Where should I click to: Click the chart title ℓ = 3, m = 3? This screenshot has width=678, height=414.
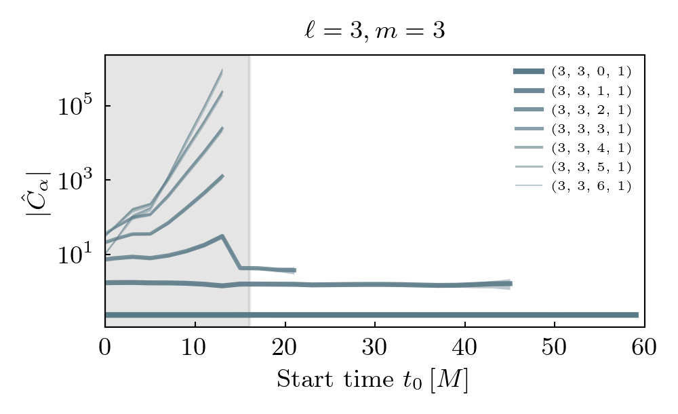(375, 31)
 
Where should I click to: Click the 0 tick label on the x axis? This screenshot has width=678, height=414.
(105, 347)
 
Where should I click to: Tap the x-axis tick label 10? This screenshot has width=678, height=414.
(195, 347)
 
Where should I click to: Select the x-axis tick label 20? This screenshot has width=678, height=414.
(285, 347)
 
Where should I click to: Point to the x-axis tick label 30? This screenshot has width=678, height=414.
(375, 347)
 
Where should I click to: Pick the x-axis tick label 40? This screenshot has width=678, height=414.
(464, 347)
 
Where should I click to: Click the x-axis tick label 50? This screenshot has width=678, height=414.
(555, 347)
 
